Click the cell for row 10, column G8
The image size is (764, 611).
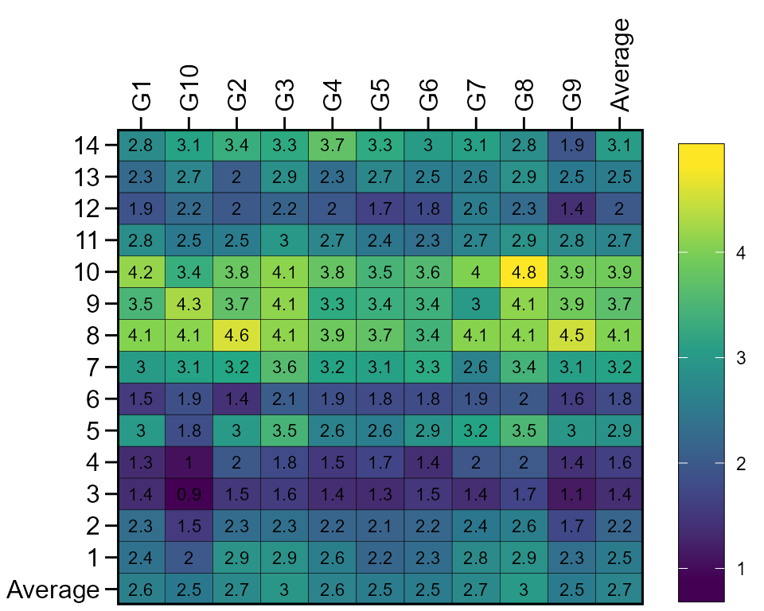point(524,272)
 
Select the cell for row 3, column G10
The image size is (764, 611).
point(189,495)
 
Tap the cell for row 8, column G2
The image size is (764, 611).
point(236,336)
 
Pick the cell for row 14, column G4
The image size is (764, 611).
point(332,145)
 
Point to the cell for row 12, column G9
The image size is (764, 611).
point(571,208)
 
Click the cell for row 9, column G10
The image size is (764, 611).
point(189,304)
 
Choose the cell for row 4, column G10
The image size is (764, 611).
point(189,463)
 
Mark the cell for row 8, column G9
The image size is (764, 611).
point(571,336)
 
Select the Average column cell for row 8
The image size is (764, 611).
point(619,336)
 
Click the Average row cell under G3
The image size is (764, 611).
point(284,590)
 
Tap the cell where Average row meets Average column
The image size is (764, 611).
point(619,590)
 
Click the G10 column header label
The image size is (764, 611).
point(189,88)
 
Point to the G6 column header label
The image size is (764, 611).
point(428,95)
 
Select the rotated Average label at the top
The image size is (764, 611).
point(620,64)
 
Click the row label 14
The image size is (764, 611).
point(85,146)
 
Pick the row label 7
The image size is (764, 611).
point(92,368)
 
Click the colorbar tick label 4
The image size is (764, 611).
point(741,254)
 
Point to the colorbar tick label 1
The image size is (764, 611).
point(741,569)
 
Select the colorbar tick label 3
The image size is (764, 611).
point(741,359)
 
